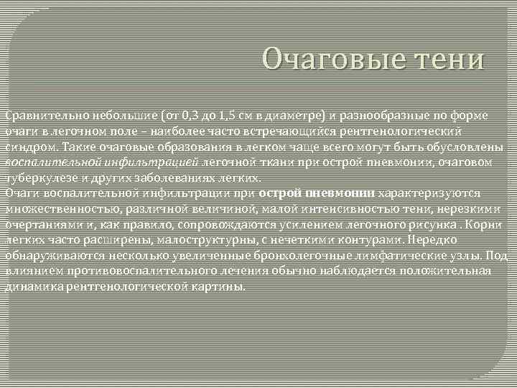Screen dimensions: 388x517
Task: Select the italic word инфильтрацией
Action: click(x=154, y=162)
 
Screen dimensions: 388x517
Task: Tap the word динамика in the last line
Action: click(x=29, y=286)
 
